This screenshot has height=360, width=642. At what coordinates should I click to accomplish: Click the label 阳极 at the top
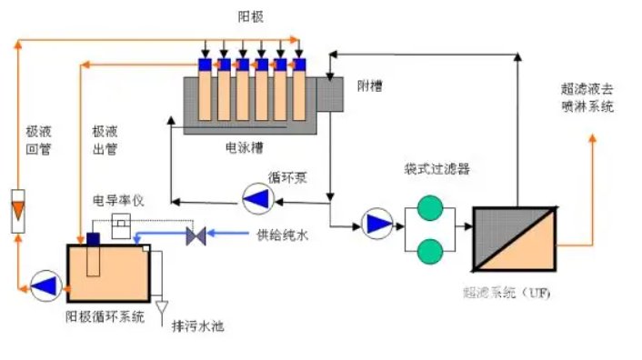coord(250,16)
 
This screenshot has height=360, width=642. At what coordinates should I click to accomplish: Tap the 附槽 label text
coord(370,86)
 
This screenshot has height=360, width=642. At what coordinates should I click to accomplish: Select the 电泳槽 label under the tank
coord(245,145)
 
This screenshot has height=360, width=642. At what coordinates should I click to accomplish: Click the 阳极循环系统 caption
coord(104,316)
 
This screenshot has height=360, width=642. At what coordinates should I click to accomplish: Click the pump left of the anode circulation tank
coord(42,284)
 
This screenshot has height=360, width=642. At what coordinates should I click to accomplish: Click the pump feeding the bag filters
coord(374,222)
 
